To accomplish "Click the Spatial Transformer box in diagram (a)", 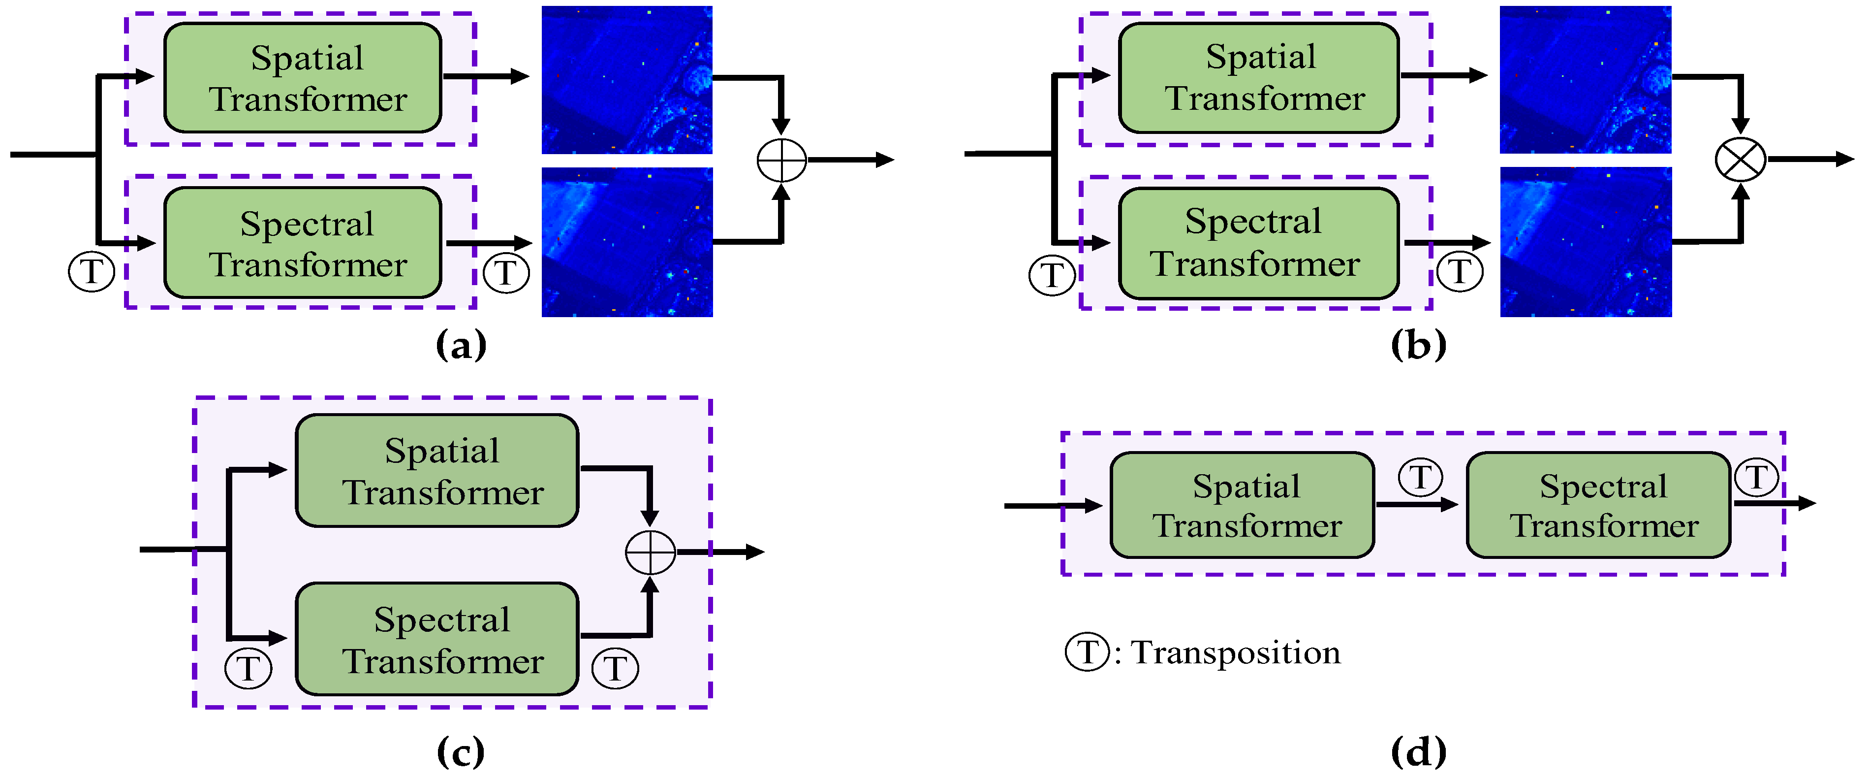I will point(303,78).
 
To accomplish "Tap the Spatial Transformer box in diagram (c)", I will point(437,470).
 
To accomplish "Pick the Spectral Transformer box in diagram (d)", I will point(1598,505).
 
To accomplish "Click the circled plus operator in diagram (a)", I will point(781,160).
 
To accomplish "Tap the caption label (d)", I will point(1418,752).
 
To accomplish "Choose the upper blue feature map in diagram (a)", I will point(627,80).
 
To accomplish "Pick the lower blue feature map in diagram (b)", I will point(1586,242).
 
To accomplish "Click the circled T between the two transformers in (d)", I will point(1420,478).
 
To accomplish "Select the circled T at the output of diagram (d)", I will point(1756,478).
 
